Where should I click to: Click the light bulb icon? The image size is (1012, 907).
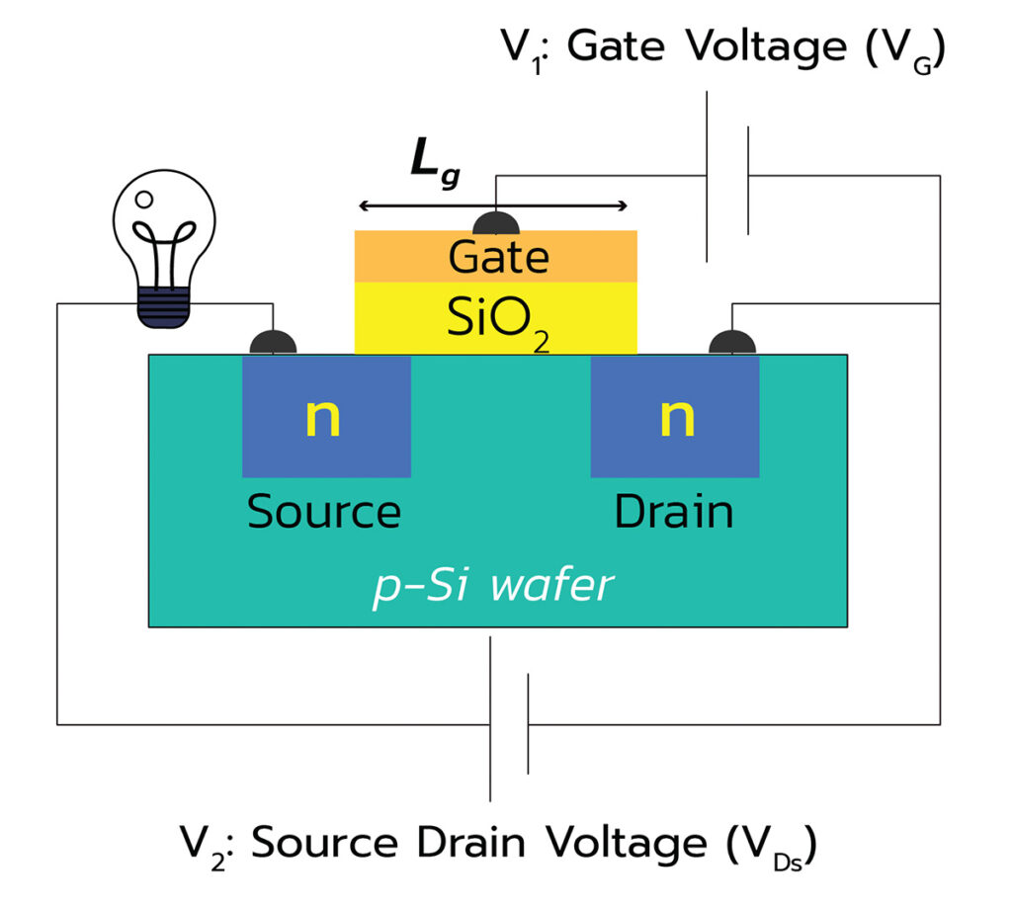point(164,249)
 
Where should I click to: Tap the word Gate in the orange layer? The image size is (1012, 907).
point(498,257)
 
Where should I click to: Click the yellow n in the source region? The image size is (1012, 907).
point(323,417)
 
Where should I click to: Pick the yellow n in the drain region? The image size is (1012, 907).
point(677,417)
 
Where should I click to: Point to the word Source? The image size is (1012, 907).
point(324,512)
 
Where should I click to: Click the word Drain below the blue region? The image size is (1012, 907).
point(674,512)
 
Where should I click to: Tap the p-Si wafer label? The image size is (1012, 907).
point(494,586)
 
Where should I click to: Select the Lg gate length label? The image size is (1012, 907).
point(435,163)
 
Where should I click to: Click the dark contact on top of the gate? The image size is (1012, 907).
point(496,223)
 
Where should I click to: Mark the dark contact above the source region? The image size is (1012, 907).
point(273,343)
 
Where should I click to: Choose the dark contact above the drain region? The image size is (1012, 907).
point(732,343)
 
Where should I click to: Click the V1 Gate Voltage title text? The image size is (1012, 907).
point(723,49)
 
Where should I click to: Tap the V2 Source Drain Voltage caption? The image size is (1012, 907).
point(498,845)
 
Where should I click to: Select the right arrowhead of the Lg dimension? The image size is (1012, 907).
point(622,206)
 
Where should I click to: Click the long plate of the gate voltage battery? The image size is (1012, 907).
point(707,177)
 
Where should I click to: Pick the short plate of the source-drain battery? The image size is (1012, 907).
point(528,724)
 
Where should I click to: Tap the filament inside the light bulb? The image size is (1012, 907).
point(164,253)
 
